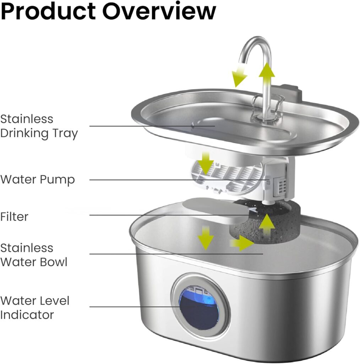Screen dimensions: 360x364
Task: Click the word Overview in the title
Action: (159, 11)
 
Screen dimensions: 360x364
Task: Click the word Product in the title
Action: (49, 11)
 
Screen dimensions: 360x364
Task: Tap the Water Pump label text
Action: (38, 180)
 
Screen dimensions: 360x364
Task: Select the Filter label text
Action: (14, 216)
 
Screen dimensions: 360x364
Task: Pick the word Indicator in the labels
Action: (27, 315)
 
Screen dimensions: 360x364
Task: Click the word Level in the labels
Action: (56, 301)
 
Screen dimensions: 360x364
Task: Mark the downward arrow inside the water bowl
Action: (206, 238)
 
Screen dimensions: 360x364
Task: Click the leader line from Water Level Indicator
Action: (135, 307)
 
